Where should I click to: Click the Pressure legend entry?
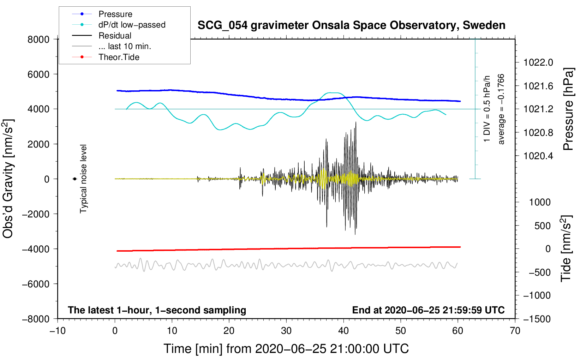click(115, 14)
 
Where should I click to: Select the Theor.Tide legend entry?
click(119, 57)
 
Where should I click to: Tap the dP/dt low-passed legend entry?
click(132, 25)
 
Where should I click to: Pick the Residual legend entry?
click(115, 36)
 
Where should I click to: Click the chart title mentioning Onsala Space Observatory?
click(351, 25)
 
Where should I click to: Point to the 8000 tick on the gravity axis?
click(38, 40)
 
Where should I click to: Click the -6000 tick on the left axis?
click(36, 284)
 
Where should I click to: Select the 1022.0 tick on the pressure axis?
click(538, 63)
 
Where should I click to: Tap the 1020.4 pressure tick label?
click(538, 156)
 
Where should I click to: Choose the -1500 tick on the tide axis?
click(537, 319)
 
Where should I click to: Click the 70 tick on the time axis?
click(515, 331)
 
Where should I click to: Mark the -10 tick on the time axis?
click(58, 331)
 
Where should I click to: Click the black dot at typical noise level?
click(75, 179)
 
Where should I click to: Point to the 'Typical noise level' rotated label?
click(83, 179)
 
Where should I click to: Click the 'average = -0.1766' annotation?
click(501, 109)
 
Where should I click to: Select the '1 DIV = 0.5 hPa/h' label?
click(487, 109)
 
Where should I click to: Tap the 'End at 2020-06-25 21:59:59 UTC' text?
click(428, 310)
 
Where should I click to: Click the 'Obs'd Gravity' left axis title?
click(8, 179)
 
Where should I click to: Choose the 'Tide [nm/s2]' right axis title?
click(566, 248)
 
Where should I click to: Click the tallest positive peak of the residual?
click(356, 122)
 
